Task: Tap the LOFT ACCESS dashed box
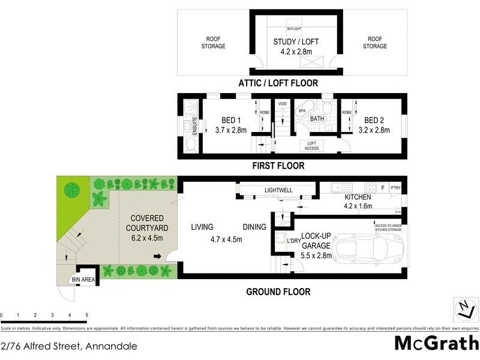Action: point(312,145)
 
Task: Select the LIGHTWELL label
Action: point(278,190)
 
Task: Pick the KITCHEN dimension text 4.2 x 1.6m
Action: point(358,206)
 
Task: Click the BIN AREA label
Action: point(83,280)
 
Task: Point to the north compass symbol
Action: point(464,309)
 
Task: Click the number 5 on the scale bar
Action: point(86,315)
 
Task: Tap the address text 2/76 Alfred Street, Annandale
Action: point(69,346)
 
